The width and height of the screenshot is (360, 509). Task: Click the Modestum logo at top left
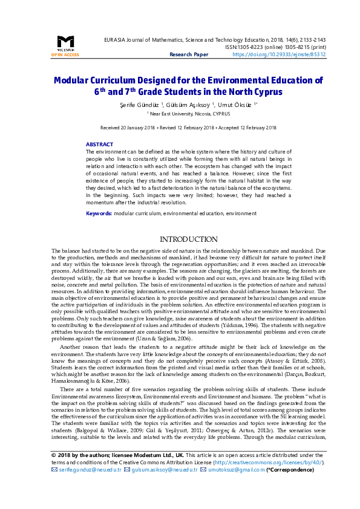click(x=65, y=42)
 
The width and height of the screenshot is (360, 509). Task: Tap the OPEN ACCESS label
click(x=65, y=54)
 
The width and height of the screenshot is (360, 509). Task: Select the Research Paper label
click(x=188, y=54)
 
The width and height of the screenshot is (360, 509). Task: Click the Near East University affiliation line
click(x=180, y=113)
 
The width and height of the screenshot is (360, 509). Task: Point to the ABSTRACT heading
click(x=99, y=144)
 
